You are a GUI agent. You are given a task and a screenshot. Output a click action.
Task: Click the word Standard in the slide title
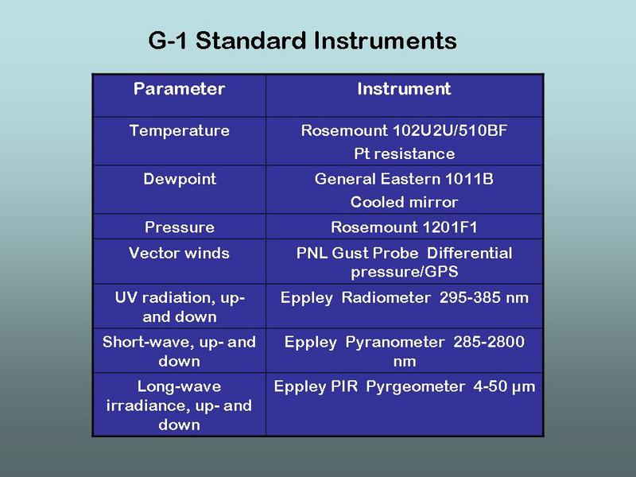(x=250, y=41)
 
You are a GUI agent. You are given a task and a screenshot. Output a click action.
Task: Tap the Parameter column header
(x=180, y=89)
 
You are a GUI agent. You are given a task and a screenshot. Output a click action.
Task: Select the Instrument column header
(x=404, y=89)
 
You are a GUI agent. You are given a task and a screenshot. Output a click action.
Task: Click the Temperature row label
(x=180, y=131)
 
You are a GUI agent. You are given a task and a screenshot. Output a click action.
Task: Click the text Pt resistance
(x=405, y=153)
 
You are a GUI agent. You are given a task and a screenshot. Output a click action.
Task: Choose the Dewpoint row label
(x=180, y=180)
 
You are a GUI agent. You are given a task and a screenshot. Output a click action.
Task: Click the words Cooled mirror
(x=405, y=202)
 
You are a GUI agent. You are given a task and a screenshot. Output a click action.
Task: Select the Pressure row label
(x=180, y=227)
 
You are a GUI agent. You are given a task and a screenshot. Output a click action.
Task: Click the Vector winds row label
(x=179, y=253)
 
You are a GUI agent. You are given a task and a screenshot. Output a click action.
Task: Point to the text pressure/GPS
(x=405, y=272)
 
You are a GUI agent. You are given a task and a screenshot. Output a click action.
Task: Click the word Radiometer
(x=386, y=297)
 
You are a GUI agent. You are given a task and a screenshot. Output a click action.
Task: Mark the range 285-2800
(x=489, y=342)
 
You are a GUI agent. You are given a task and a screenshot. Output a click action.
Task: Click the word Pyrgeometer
(x=415, y=386)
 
